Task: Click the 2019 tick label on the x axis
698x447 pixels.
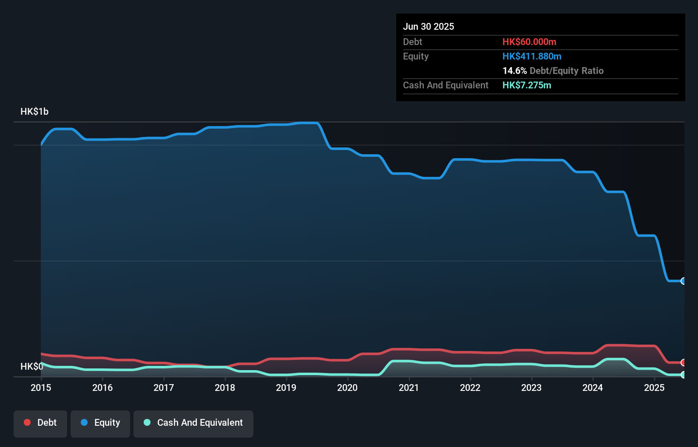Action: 286,388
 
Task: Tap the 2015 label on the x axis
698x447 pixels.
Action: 41,388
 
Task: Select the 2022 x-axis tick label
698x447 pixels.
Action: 470,388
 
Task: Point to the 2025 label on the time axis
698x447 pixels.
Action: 654,388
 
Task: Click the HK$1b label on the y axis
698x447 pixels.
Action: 34,112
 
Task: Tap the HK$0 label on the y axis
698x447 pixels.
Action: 31,366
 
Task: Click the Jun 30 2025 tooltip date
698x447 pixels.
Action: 428,26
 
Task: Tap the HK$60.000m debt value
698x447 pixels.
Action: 529,42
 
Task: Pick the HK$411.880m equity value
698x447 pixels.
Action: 532,56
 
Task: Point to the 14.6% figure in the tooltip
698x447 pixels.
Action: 514,71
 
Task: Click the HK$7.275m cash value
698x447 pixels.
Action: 527,85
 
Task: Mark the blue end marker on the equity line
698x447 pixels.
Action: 683,281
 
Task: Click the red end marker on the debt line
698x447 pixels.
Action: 683,362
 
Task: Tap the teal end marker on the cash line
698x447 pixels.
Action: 683,375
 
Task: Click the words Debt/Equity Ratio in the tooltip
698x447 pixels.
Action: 566,71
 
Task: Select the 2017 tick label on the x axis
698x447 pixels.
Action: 164,388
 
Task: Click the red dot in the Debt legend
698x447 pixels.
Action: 27,422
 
